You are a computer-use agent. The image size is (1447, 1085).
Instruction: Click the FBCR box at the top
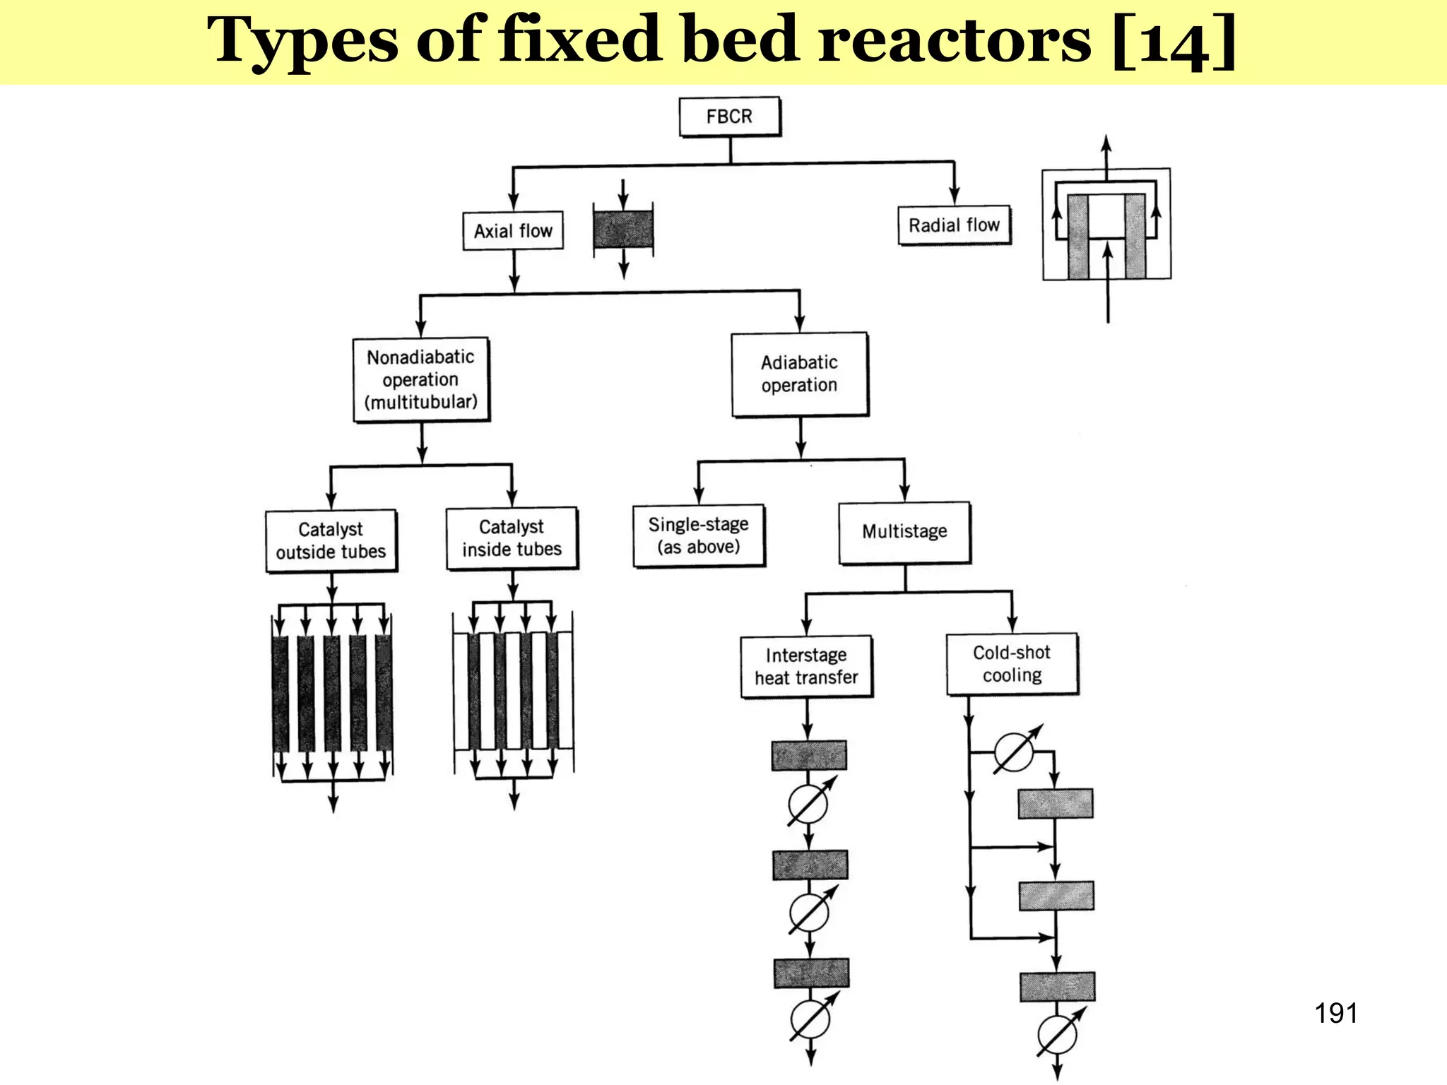tap(730, 117)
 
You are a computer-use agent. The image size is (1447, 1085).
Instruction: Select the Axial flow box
tap(513, 231)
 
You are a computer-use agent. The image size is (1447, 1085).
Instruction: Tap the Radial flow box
tap(954, 225)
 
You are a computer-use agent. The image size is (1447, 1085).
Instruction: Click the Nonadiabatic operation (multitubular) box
tap(421, 380)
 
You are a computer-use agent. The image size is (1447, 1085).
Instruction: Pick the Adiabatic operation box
tap(799, 374)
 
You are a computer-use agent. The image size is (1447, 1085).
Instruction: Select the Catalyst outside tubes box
tap(331, 541)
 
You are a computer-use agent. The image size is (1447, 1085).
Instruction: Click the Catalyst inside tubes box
tap(512, 538)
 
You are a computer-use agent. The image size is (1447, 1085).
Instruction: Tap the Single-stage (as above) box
tap(698, 535)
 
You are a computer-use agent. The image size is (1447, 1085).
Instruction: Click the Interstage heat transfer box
tap(806, 667)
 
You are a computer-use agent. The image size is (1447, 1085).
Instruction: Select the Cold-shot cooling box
tap(1012, 664)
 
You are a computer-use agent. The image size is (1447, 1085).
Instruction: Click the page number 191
tap(1335, 1014)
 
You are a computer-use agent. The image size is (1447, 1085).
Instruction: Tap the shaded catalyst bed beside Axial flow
tap(623, 229)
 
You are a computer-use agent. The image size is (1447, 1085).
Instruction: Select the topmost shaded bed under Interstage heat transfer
tap(809, 756)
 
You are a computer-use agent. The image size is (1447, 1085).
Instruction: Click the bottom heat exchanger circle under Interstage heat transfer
tap(810, 1019)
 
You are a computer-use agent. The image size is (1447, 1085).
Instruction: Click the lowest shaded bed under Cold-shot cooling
tap(1057, 987)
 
